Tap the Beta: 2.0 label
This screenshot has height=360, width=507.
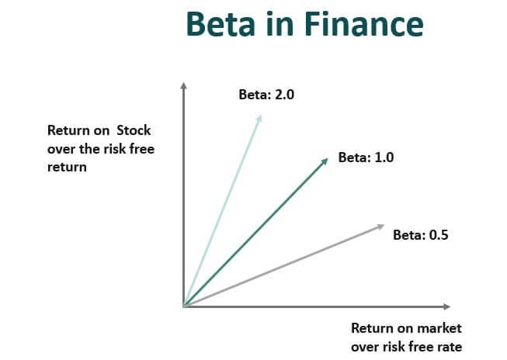pyautogui.click(x=267, y=95)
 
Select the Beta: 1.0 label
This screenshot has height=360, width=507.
pyautogui.click(x=366, y=157)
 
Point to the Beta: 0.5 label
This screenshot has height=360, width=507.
pyautogui.click(x=421, y=234)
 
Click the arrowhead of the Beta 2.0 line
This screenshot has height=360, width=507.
pyautogui.click(x=259, y=118)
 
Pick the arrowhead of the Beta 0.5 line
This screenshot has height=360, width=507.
pyautogui.click(x=380, y=227)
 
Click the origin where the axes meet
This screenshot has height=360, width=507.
pyautogui.click(x=183, y=306)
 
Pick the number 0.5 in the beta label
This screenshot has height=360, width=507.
pyautogui.click(x=439, y=234)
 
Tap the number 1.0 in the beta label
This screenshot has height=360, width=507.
pyautogui.click(x=384, y=157)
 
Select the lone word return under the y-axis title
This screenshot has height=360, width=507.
pyautogui.click(x=67, y=166)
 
